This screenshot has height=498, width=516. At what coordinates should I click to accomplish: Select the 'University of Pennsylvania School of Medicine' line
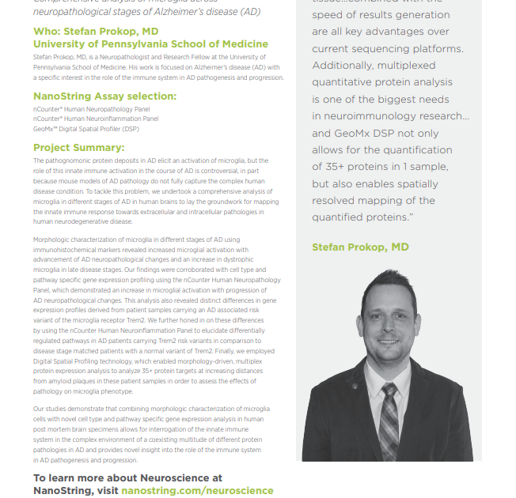(x=150, y=44)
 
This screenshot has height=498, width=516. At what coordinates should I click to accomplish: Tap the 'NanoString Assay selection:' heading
(x=104, y=96)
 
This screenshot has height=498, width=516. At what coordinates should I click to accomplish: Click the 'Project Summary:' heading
(x=78, y=147)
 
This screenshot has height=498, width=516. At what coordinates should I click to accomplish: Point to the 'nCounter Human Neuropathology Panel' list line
(x=91, y=110)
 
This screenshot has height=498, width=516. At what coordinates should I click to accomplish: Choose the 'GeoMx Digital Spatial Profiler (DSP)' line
(x=85, y=127)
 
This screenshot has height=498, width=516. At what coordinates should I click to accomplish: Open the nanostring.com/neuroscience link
(x=197, y=490)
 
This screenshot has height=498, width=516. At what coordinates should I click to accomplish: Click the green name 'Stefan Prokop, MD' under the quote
(x=360, y=247)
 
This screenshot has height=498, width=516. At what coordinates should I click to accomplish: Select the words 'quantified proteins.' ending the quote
(x=363, y=217)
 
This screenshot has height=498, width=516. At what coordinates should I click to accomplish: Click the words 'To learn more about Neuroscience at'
(x=127, y=477)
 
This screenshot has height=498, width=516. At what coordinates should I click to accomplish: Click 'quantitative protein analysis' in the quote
(x=382, y=82)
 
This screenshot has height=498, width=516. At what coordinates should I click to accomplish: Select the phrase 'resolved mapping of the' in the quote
(x=374, y=200)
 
